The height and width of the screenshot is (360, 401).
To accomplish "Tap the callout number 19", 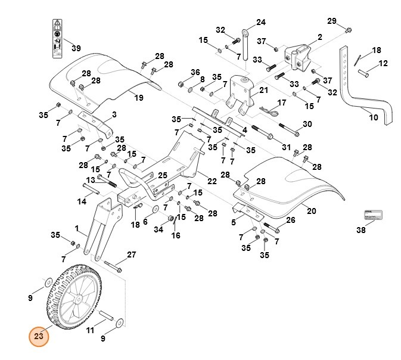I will point(139,98).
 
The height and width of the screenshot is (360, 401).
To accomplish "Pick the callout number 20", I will point(310,210).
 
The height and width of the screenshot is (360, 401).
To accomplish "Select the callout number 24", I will point(260,23).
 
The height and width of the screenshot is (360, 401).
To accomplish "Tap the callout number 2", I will point(319,37).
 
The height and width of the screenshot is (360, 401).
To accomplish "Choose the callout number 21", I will point(263,90).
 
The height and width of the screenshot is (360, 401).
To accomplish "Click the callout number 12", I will point(383,63).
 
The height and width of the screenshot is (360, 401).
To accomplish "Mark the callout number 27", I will point(132,255).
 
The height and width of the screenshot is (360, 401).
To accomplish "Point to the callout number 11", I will point(91,330).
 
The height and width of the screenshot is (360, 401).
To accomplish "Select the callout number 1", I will point(77,228).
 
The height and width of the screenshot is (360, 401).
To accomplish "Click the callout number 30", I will point(307,124).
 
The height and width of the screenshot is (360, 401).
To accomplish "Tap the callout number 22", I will point(212,181).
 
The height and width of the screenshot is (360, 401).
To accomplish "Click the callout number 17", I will point(282,103).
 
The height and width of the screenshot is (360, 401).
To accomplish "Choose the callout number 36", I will point(178,72).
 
